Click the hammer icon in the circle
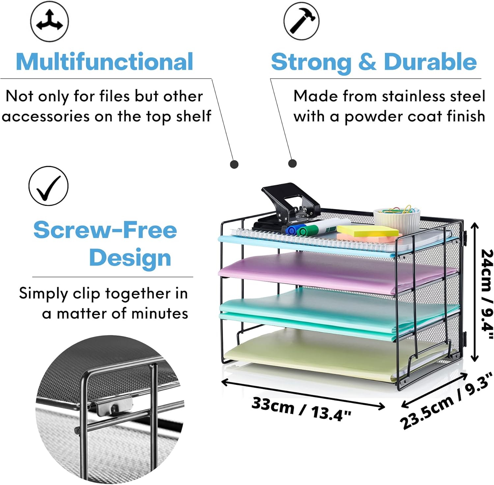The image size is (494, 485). pyautogui.click(x=301, y=22)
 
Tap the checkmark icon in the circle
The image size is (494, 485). pyautogui.click(x=48, y=186)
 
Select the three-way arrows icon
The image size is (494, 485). pyautogui.click(x=49, y=22)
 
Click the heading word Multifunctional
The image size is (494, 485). pyautogui.click(x=104, y=62)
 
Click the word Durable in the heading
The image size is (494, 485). pyautogui.click(x=430, y=62)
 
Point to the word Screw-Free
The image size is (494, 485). pyautogui.click(x=105, y=230)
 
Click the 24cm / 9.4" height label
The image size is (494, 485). pyautogui.click(x=487, y=294)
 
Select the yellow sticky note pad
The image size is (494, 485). pyautogui.click(x=367, y=230)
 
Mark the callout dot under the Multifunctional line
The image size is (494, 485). pyautogui.click(x=234, y=164)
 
